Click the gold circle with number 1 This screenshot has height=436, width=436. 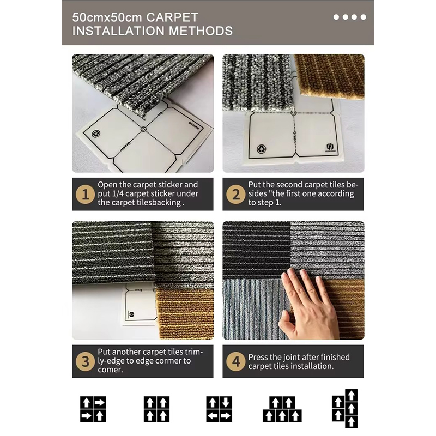(x=86, y=194)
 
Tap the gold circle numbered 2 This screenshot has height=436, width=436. (x=236, y=194)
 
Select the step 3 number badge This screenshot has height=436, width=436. (x=86, y=361)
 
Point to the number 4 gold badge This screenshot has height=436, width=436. (x=236, y=361)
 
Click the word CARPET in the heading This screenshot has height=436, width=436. (x=172, y=17)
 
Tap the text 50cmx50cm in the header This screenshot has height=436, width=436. (x=107, y=17)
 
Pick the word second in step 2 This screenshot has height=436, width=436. (x=289, y=185)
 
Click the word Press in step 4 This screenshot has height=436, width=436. (x=258, y=357)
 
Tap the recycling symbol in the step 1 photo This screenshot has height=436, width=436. (x=96, y=134)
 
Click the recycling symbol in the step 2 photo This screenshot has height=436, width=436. (x=262, y=149)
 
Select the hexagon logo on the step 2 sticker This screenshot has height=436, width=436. (x=330, y=147)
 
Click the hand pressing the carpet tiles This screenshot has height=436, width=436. (x=308, y=305)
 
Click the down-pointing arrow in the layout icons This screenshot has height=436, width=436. (x=226, y=402)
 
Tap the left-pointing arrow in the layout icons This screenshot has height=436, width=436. (x=213, y=416)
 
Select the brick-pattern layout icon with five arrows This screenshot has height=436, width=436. (x=282, y=409)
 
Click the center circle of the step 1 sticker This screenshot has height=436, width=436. (x=143, y=129)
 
